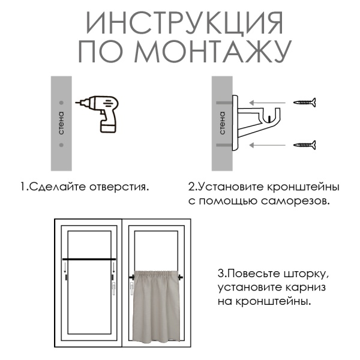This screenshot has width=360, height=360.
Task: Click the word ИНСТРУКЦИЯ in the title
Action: click(x=184, y=23)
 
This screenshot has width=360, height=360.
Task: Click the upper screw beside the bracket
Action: click(x=304, y=103)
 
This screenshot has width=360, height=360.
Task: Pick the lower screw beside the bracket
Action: click(x=304, y=144)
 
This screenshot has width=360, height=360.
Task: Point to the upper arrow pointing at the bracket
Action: click(x=268, y=103)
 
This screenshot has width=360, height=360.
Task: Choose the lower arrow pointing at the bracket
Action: click(x=268, y=144)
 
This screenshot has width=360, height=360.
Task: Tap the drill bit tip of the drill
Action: click(x=76, y=104)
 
